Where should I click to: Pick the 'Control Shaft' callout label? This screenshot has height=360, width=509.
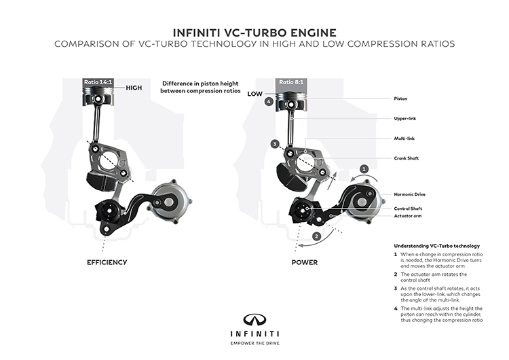[410, 208]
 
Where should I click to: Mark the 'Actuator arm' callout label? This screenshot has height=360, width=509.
[409, 217]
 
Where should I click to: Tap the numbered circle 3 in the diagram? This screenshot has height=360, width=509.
[275, 144]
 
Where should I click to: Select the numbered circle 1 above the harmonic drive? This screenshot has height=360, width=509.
[364, 168]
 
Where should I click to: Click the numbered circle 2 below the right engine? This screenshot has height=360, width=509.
[316, 236]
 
